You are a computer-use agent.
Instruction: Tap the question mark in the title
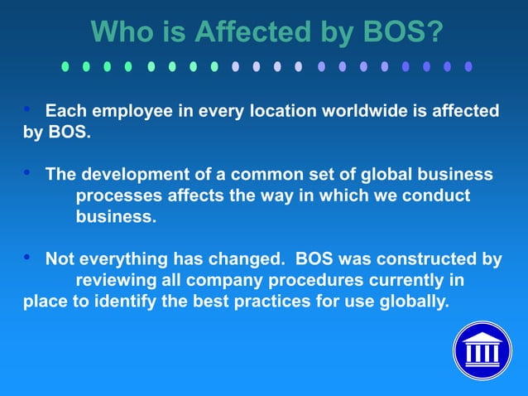tap(434, 32)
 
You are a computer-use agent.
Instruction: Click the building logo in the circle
tap(482, 350)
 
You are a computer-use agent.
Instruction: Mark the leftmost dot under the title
tap(65, 65)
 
